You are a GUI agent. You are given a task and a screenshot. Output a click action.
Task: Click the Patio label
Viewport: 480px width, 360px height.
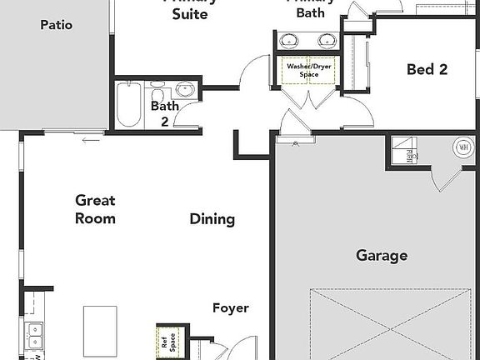(57, 25)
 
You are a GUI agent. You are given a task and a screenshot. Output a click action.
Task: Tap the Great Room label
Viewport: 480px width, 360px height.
(95, 209)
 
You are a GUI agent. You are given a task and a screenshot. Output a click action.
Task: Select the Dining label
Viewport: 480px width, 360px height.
(212, 219)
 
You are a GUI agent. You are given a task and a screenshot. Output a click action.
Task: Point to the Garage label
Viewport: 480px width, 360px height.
(382, 255)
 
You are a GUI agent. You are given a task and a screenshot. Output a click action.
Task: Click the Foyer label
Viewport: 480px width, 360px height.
(230, 307)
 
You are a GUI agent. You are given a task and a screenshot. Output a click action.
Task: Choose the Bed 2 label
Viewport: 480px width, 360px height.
(427, 69)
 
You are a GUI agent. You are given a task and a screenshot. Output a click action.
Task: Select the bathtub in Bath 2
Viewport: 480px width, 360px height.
(129, 104)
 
